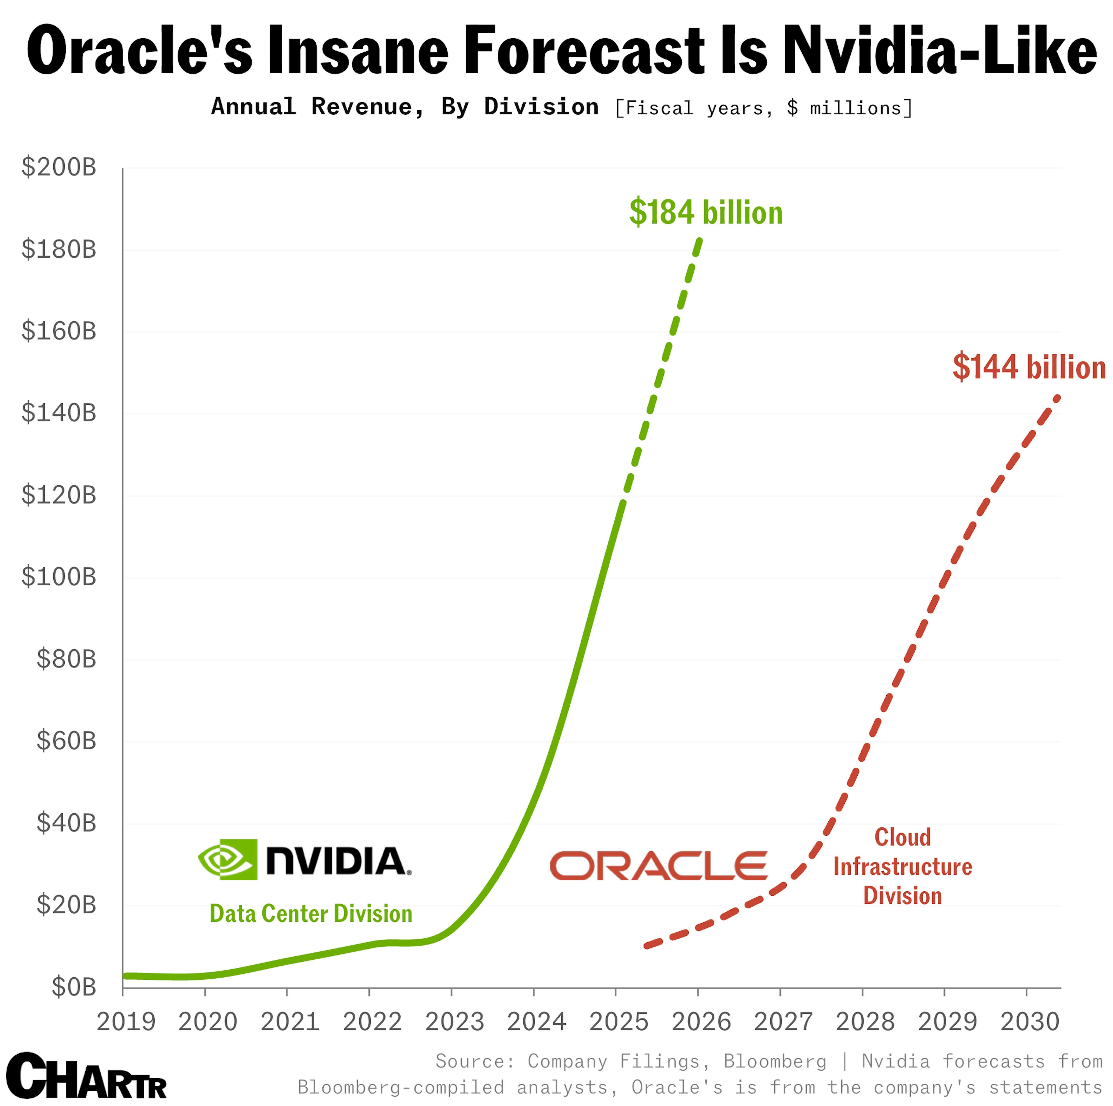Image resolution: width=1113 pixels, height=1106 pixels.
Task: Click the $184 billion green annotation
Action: point(706,212)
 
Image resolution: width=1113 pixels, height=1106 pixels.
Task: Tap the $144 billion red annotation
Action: point(1028,367)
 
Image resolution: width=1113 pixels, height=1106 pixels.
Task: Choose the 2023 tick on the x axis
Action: point(454,1022)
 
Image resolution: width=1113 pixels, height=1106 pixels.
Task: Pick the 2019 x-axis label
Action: point(126,1022)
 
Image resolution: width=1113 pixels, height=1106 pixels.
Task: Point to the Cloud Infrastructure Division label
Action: point(902,866)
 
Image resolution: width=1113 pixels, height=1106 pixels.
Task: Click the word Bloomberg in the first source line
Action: point(775,1061)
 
